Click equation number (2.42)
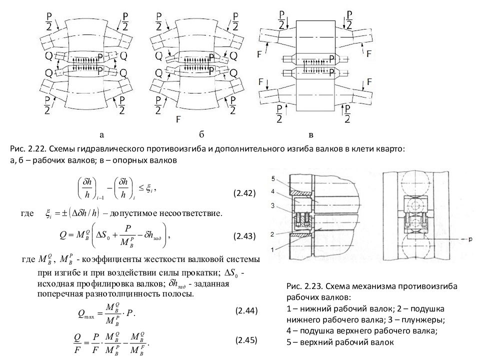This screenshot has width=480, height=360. point(245,193)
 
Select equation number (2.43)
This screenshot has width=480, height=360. point(245,235)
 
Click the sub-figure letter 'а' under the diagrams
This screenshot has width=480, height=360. point(101,134)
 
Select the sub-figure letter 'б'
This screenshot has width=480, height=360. point(202,134)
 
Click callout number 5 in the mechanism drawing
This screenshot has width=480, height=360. point(273,178)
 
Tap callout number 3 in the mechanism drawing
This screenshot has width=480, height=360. point(273,205)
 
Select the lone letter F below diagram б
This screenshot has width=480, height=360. point(178,120)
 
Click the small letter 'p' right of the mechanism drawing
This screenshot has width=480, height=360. point(470,239)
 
